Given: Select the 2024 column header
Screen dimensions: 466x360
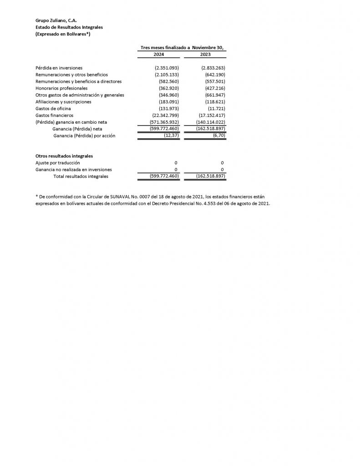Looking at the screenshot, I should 159,54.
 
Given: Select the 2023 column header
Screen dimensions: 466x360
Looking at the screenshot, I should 205,54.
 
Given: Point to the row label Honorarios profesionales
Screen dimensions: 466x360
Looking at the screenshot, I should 61,88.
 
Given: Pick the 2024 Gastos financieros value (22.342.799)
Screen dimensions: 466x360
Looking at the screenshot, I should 165,116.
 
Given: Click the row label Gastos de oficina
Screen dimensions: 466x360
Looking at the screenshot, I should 53,109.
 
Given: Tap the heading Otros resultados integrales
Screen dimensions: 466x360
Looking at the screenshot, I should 64,156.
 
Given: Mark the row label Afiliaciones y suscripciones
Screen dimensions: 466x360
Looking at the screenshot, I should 63,102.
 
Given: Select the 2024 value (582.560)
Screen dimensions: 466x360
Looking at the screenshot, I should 168,81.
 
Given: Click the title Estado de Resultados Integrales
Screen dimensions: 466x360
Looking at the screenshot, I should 69,27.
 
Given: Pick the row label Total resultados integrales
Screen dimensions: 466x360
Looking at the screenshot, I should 81,176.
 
